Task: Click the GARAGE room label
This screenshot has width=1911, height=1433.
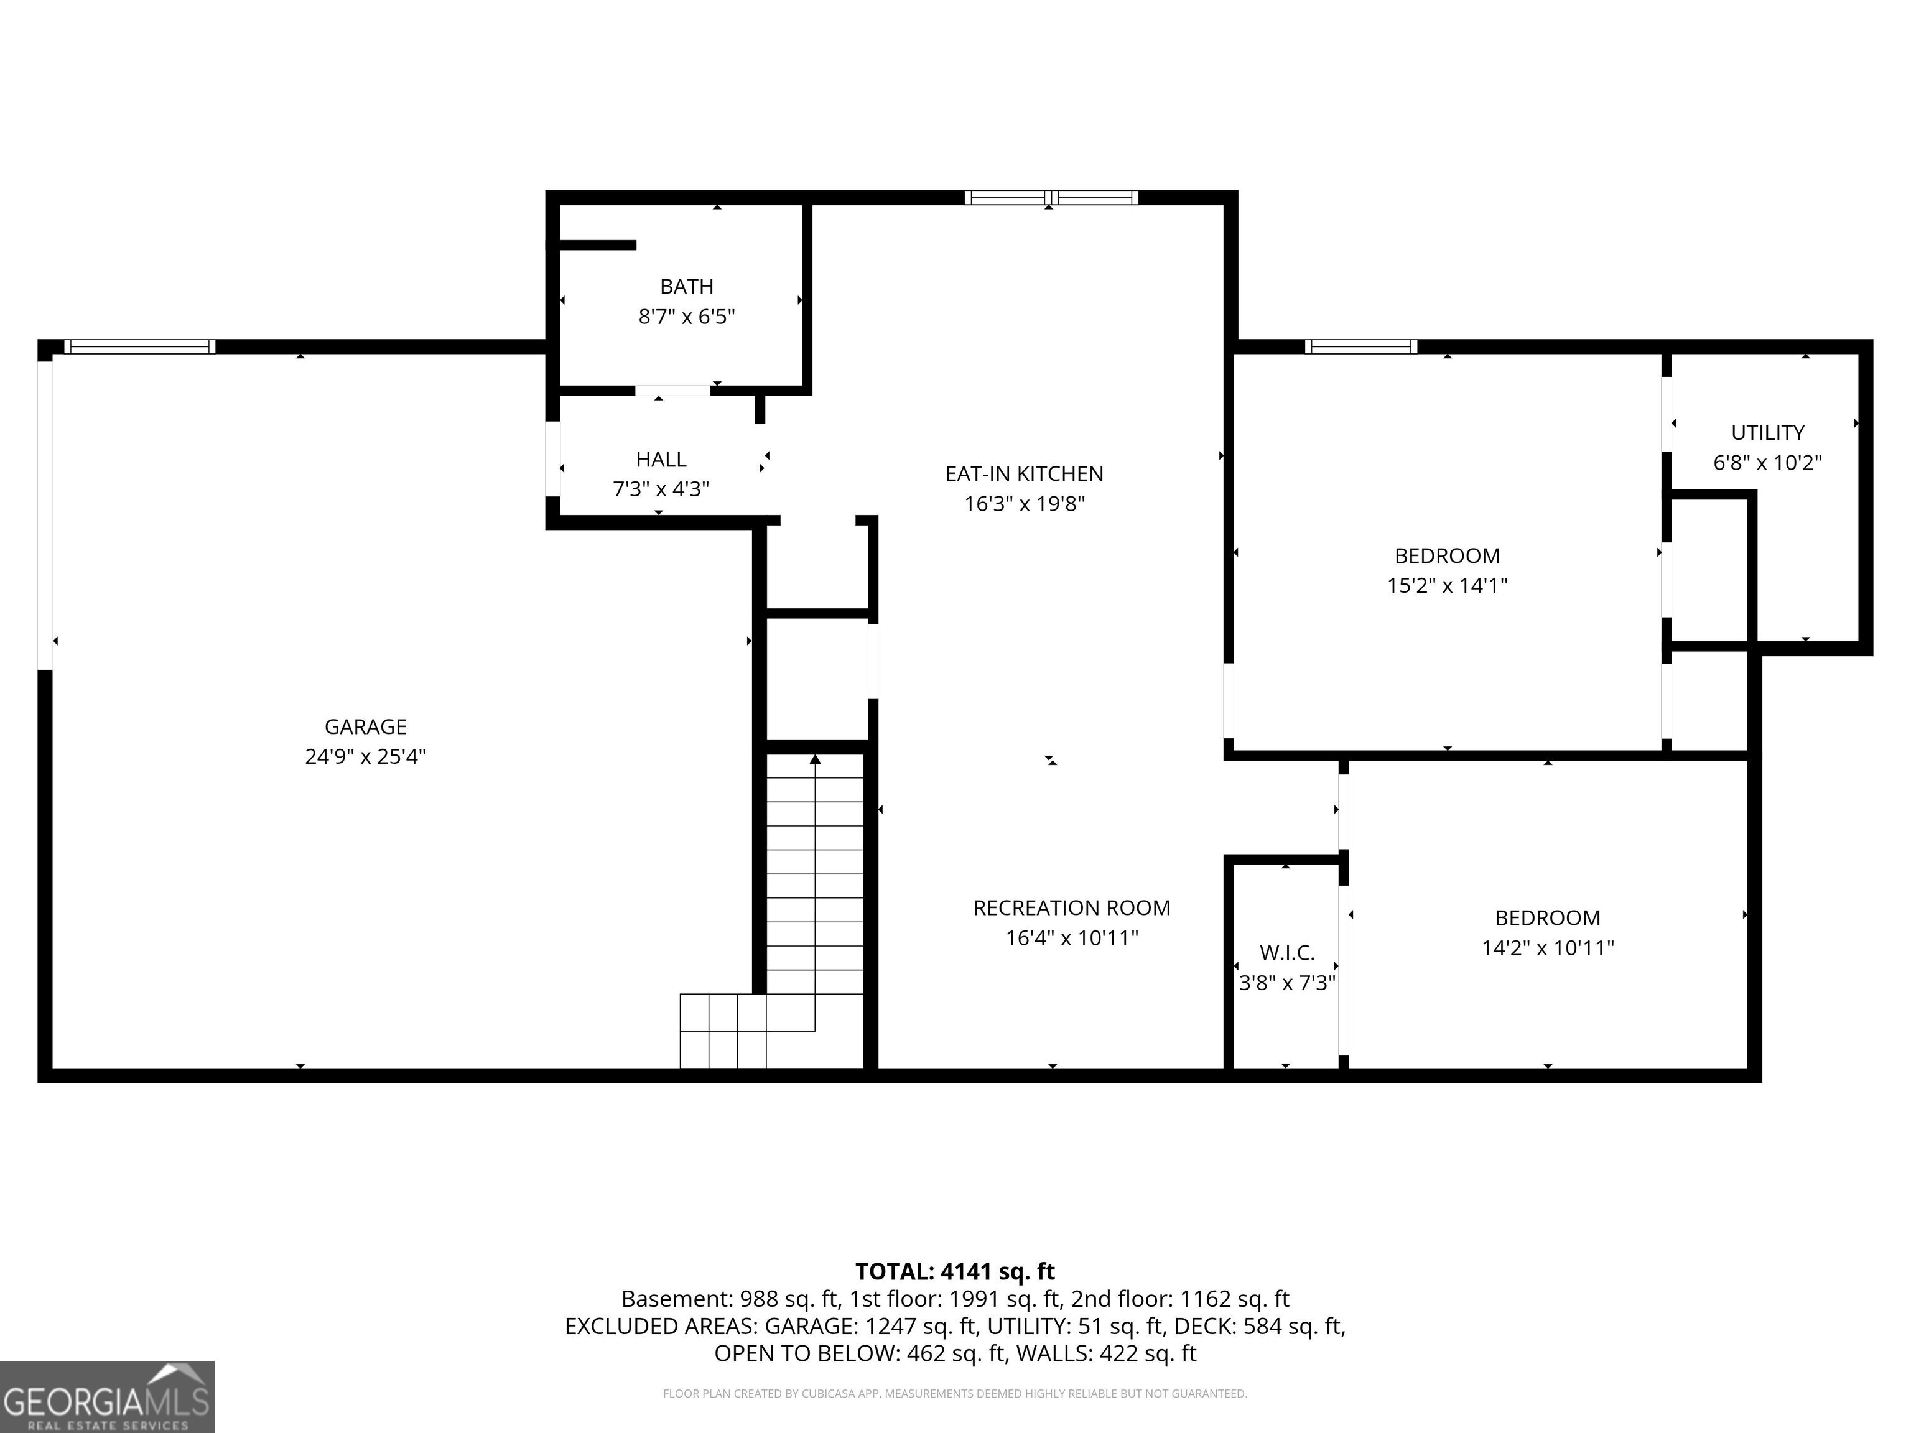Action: (365, 727)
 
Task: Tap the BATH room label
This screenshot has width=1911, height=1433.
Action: (687, 287)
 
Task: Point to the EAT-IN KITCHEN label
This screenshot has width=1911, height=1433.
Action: (1024, 474)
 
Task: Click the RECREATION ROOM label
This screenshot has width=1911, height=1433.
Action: (1072, 908)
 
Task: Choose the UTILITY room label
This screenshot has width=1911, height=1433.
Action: (1767, 433)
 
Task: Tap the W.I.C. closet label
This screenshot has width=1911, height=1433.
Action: (1287, 953)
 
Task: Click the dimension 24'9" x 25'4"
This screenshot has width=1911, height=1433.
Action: (365, 757)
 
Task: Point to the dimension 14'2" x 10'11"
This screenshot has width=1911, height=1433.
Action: (1547, 948)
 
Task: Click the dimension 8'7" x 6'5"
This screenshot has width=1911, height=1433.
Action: (687, 317)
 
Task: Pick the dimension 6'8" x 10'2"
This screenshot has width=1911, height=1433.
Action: (1767, 463)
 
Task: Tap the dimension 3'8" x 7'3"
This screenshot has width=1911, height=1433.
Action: (1287, 983)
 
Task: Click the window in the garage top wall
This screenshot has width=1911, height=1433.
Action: (140, 346)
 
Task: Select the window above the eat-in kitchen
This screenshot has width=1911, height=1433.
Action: (1051, 198)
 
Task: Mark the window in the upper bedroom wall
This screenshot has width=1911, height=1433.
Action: (1360, 346)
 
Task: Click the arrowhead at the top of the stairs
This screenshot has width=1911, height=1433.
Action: (815, 759)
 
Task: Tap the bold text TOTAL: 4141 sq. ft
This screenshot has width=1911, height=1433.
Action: (955, 1271)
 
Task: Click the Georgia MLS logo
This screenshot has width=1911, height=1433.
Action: (107, 1397)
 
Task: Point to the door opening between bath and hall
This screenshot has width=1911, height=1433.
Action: (673, 391)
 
